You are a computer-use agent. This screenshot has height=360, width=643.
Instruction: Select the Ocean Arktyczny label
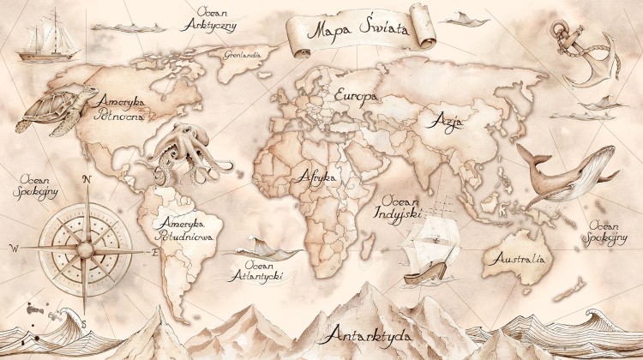tap(208, 19)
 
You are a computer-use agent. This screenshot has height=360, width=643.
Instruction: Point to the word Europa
tap(356, 95)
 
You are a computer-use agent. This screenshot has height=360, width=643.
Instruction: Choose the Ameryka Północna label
tap(123, 107)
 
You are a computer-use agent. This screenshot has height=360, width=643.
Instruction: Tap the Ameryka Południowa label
tap(185, 225)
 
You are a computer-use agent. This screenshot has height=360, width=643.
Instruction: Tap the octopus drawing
tap(183, 151)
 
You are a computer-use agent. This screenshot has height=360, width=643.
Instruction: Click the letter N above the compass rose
tap(86, 179)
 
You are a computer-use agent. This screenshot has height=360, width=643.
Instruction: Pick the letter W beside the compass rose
tap(14, 248)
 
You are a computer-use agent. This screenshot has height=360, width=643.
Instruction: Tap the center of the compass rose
tap(85, 249)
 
